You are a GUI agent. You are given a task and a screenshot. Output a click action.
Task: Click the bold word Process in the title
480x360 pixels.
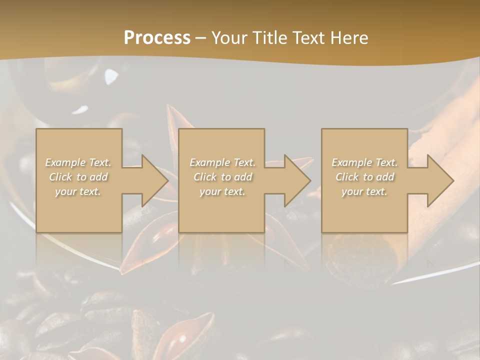click(157, 38)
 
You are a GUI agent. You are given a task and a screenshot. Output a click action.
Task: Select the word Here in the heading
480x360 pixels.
click(348, 38)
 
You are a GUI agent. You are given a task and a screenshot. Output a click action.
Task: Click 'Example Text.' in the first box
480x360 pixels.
click(78, 162)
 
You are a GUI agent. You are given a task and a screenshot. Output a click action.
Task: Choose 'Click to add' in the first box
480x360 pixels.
click(78, 177)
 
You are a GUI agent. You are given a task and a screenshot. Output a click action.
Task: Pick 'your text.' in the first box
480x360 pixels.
click(78, 191)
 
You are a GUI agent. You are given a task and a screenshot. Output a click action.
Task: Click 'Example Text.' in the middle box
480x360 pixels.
click(222, 162)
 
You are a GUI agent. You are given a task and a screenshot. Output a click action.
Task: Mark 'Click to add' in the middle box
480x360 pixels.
click(222, 177)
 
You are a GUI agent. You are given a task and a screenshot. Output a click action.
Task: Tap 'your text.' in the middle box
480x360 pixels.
click(222, 191)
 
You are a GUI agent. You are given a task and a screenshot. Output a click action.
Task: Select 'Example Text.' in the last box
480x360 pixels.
click(364, 162)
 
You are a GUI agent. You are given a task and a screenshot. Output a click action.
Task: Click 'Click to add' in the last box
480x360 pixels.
click(364, 177)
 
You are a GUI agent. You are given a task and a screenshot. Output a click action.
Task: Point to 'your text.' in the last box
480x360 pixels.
click(364, 191)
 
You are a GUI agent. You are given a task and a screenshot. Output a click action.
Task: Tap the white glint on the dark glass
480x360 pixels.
click(111, 76)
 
